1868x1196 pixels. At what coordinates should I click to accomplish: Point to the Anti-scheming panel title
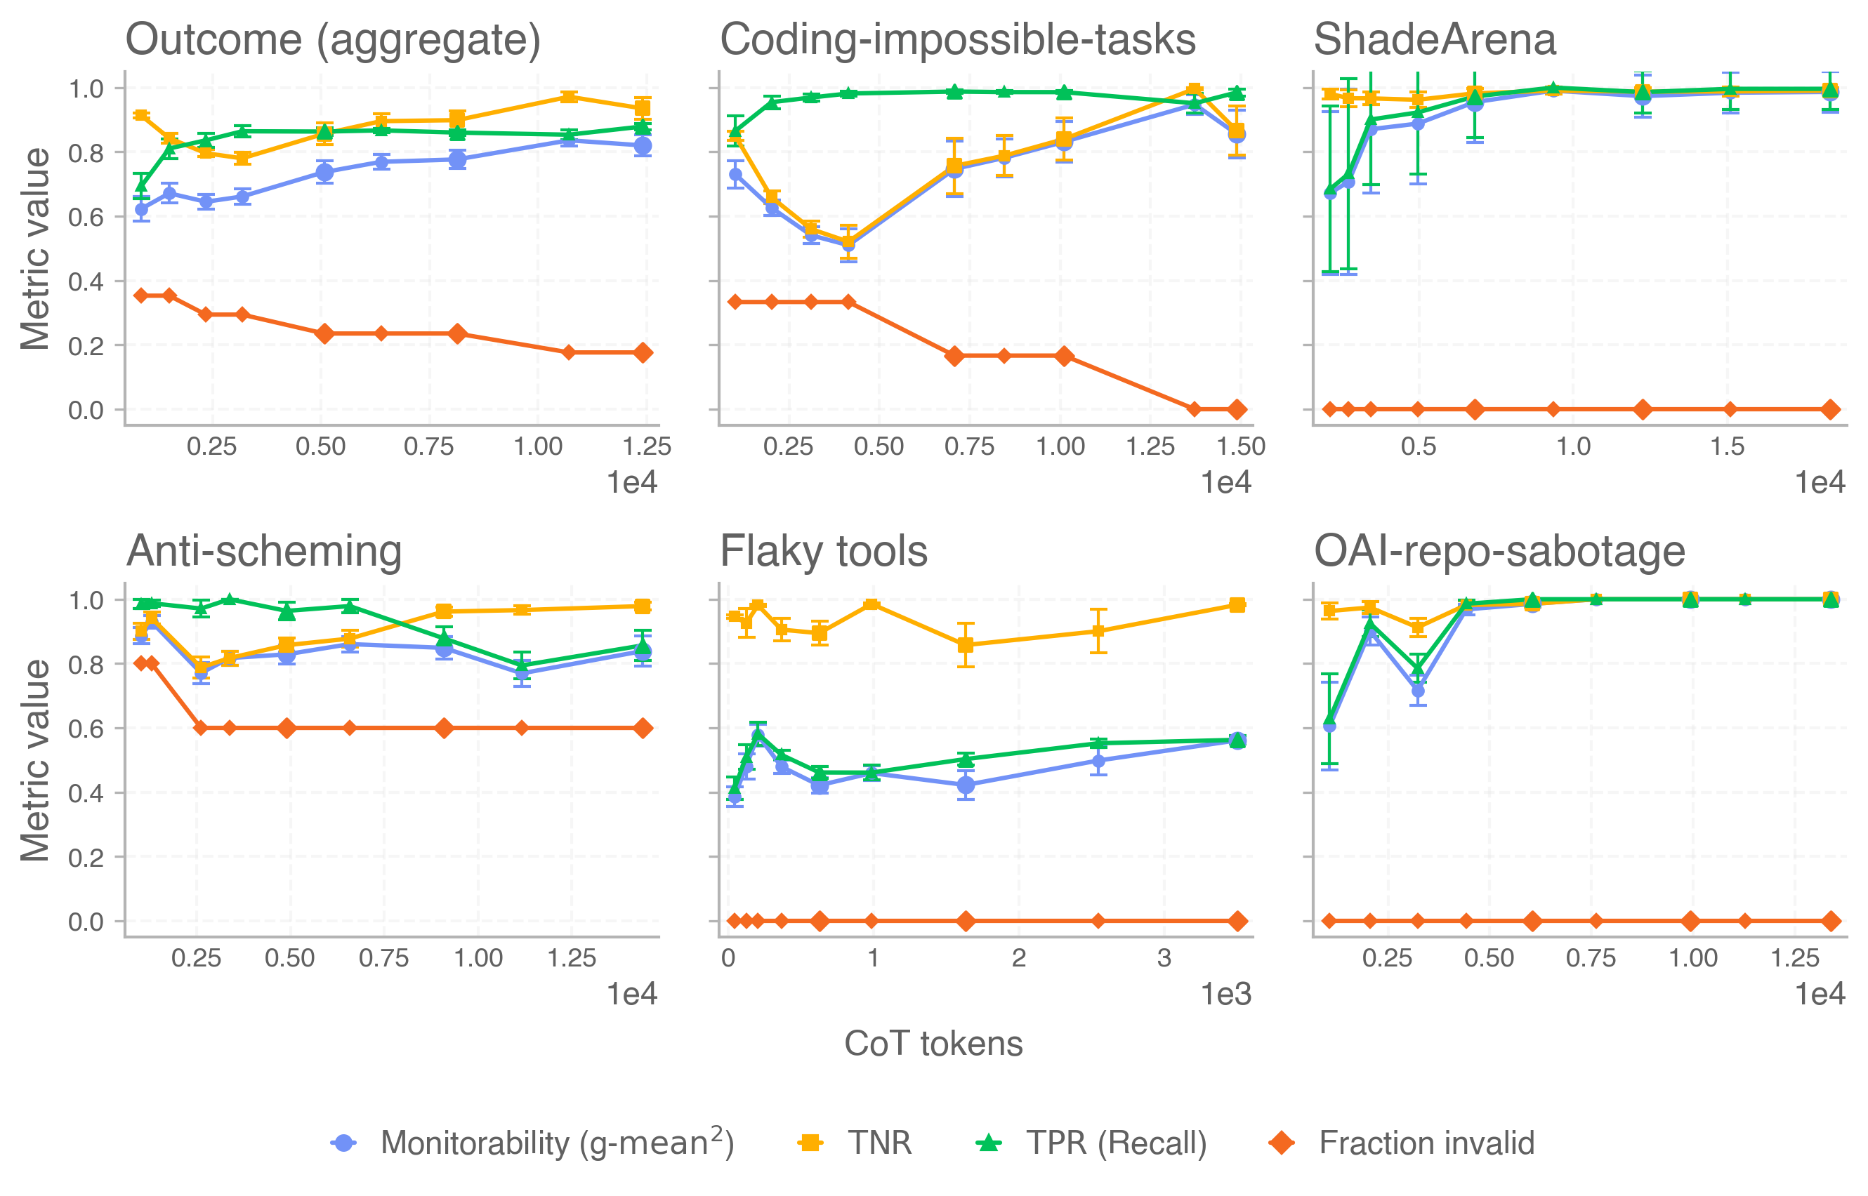tap(264, 552)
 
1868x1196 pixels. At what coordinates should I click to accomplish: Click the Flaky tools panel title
tap(824, 552)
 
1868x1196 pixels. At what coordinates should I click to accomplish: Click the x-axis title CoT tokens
tap(933, 1044)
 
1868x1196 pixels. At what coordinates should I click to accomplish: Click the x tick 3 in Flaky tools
tap(1163, 958)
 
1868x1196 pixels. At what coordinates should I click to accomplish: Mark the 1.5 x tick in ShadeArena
tap(1728, 446)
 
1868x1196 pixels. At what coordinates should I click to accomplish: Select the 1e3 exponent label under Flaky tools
tap(1226, 994)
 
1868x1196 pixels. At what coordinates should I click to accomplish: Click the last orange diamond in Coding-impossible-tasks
tap(1237, 409)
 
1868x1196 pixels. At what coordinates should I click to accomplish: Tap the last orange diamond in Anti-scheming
tap(643, 729)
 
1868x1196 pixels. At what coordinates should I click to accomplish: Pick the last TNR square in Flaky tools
tap(1238, 605)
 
